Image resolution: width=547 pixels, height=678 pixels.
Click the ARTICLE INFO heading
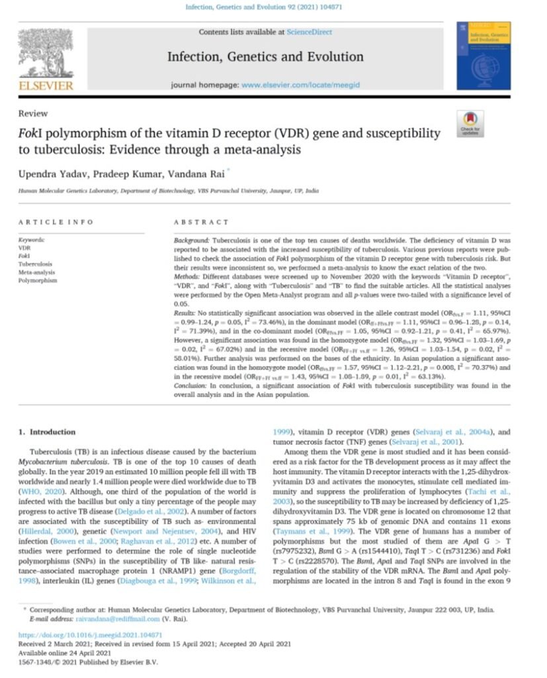tap(56, 222)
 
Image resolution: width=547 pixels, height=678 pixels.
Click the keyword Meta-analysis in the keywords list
tap(36, 272)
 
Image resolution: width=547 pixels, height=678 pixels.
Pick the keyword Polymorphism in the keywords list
tap(38, 281)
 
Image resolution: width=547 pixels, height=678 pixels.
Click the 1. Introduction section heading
tap(47, 432)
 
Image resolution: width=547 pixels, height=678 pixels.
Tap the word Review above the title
tap(29, 113)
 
